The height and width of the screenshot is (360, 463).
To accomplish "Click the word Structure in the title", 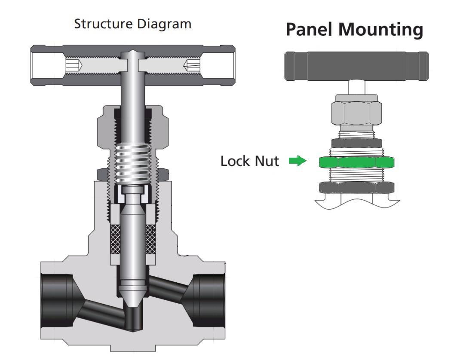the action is [103, 24].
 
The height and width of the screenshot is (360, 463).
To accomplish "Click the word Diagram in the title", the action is [164, 24].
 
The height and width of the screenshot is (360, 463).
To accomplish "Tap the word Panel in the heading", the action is [310, 29].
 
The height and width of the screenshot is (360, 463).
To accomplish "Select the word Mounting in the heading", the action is [381, 30].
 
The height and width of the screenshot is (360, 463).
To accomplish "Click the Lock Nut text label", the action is [250, 161].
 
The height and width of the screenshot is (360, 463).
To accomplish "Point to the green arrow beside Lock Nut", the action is [297, 161].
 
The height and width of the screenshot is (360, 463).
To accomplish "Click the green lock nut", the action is [356, 162].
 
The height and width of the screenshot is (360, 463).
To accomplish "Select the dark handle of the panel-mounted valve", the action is [356, 66].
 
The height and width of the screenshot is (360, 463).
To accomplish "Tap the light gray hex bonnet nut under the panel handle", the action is [356, 113].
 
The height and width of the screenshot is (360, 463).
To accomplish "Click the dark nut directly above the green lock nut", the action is [356, 143].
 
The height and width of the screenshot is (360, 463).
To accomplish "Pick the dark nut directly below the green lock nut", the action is [356, 187].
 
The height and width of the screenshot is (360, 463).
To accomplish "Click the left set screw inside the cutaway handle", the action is [73, 64].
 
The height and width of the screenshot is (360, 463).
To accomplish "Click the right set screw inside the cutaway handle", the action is [192, 65].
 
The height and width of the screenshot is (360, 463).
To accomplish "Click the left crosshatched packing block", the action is [115, 239].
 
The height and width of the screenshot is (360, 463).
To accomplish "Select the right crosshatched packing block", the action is [150, 239].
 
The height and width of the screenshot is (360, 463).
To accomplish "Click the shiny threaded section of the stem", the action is [132, 164].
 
